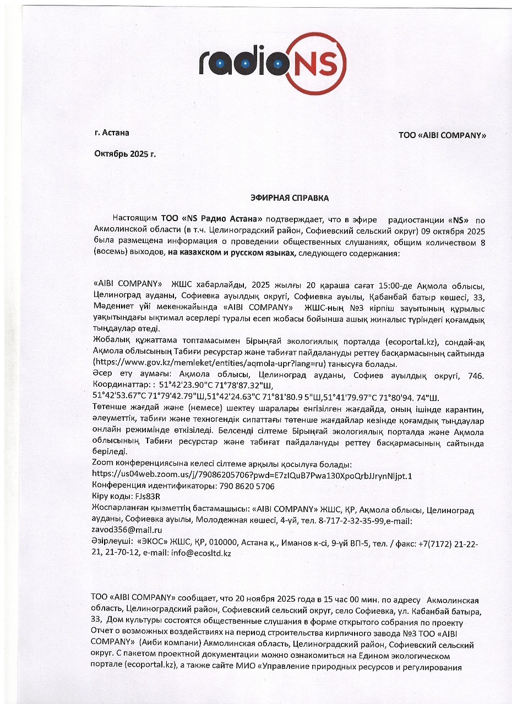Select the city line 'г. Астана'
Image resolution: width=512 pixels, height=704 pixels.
(x=112, y=133)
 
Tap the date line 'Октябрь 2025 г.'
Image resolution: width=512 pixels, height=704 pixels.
(x=125, y=153)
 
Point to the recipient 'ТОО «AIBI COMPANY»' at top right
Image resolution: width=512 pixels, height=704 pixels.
(x=442, y=135)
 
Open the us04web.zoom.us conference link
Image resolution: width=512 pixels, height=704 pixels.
(x=252, y=475)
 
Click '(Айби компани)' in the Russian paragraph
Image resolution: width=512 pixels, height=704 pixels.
(x=166, y=645)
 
